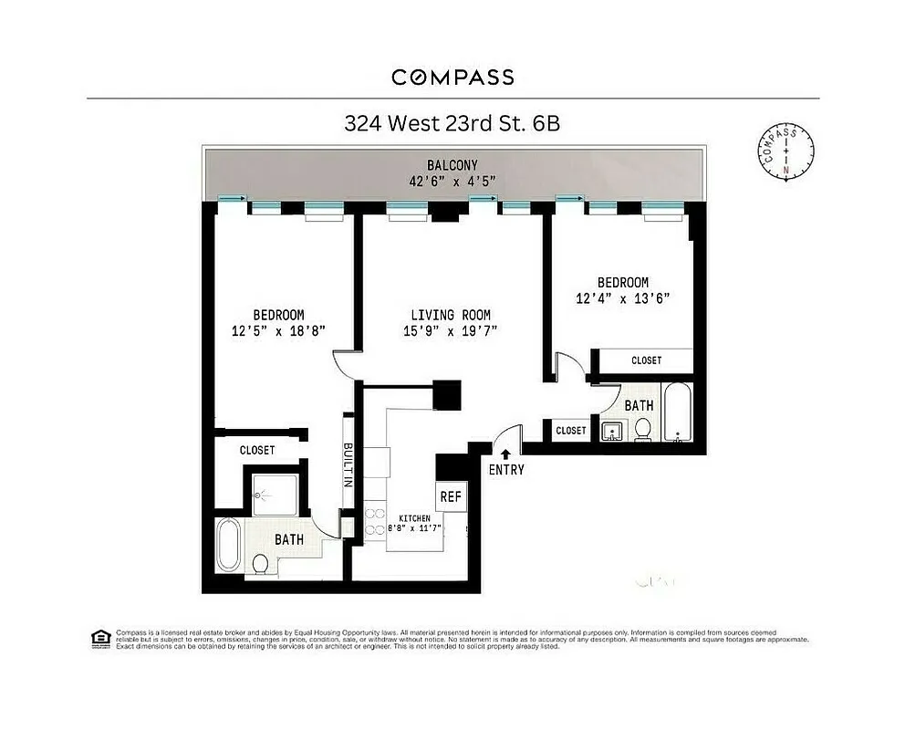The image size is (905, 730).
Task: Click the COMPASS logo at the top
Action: pyautogui.click(x=452, y=77)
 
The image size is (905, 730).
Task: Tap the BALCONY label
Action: pyautogui.click(x=452, y=164)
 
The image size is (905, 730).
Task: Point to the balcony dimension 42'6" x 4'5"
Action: pyautogui.click(x=452, y=180)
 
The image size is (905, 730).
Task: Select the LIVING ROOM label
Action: pyautogui.click(x=452, y=315)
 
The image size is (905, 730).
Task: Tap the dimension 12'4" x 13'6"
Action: pyautogui.click(x=622, y=298)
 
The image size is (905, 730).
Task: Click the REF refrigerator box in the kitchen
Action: pyautogui.click(x=451, y=497)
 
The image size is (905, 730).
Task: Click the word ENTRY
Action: pyautogui.click(x=506, y=470)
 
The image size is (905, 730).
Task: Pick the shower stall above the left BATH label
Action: pyautogui.click(x=273, y=496)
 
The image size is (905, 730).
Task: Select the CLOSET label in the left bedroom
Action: pyautogui.click(x=257, y=450)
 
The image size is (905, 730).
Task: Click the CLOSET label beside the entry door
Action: pyautogui.click(x=571, y=430)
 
